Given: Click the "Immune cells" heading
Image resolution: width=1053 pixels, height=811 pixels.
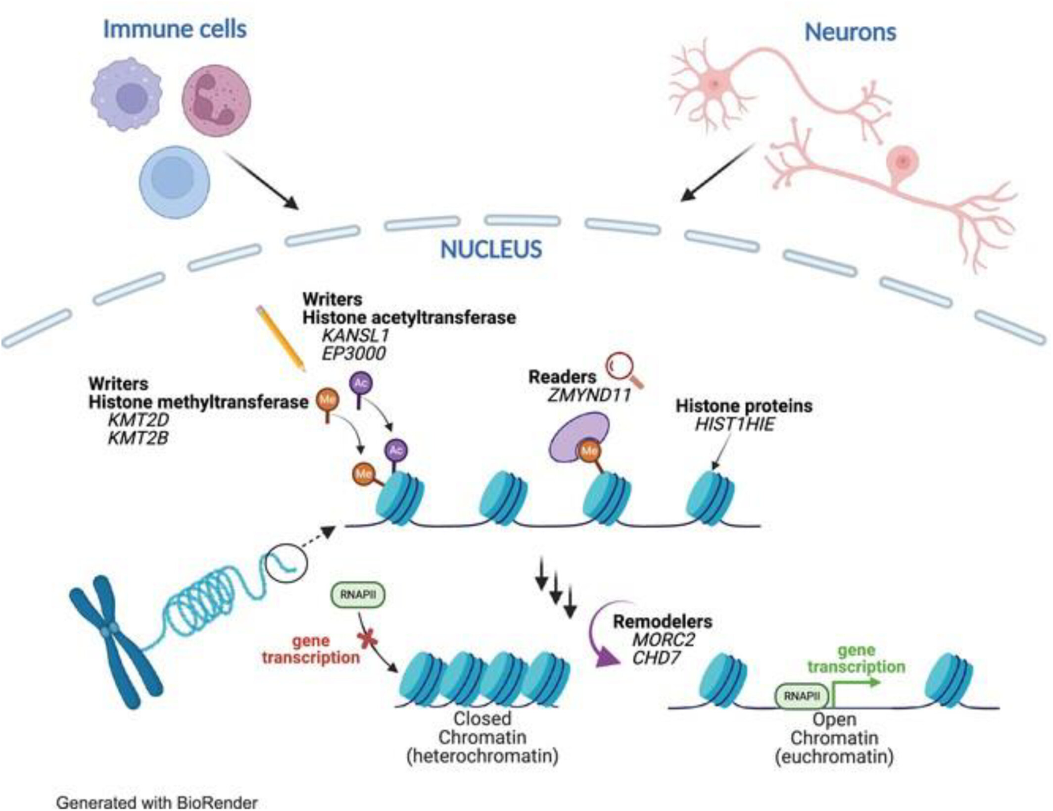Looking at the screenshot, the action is click(x=175, y=29).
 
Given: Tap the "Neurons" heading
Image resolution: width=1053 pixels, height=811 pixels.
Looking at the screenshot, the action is click(x=850, y=32).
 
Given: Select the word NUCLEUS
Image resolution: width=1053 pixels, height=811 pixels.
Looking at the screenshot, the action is click(x=491, y=249).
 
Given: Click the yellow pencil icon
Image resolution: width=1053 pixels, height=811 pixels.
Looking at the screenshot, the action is click(x=280, y=338).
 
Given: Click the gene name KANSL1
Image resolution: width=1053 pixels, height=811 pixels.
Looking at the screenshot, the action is click(x=355, y=335).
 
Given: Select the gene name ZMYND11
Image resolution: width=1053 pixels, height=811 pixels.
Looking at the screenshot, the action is click(x=589, y=395).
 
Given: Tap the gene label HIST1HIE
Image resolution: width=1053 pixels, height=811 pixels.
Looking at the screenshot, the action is click(x=734, y=424).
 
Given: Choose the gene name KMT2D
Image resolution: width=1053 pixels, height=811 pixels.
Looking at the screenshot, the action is click(x=139, y=420).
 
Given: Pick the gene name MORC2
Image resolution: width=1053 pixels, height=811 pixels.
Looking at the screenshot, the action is click(x=664, y=639).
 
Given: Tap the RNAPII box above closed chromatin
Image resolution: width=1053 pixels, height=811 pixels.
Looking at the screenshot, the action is click(x=358, y=595).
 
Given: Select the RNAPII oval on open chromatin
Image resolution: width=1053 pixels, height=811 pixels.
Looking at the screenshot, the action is click(x=802, y=696).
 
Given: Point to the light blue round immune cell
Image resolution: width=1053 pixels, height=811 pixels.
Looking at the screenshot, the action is click(x=174, y=182).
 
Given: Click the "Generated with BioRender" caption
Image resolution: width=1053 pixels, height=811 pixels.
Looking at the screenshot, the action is click(x=157, y=802).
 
